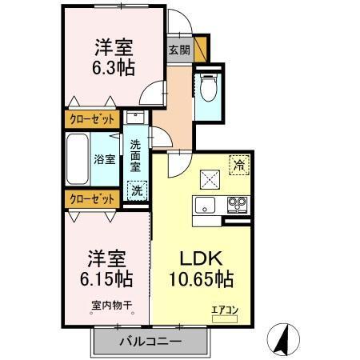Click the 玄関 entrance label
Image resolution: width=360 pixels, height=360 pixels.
point(178,49)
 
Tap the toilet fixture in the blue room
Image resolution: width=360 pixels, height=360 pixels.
point(207,89)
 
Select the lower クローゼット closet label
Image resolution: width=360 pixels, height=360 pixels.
point(90,198)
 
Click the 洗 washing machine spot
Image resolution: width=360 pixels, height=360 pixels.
point(138,191)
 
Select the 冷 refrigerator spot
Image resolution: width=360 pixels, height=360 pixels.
point(238,165)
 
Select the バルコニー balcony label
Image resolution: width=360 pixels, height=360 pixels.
point(151,342)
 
